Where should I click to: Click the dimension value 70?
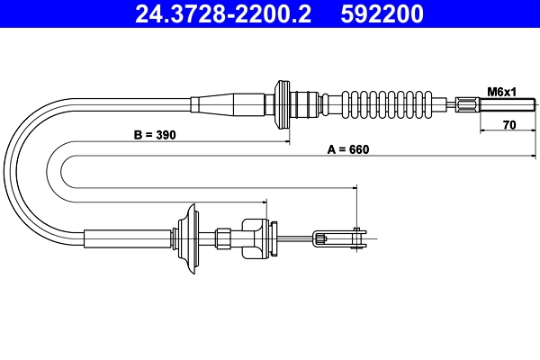pyautogui.click(x=508, y=126)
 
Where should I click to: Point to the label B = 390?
pyautogui.click(x=154, y=135)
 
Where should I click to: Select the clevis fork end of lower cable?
pyautogui.click(x=339, y=238)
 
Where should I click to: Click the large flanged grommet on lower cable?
pyautogui.click(x=190, y=238)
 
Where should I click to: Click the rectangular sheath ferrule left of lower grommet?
pyautogui.click(x=130, y=238)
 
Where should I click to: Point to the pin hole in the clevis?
pyautogui.click(x=358, y=238)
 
